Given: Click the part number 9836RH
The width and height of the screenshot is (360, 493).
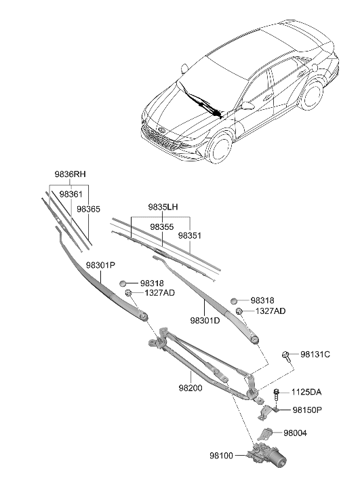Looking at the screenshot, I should click(x=71, y=174).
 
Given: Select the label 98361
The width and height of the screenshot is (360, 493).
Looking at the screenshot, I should click(x=71, y=194).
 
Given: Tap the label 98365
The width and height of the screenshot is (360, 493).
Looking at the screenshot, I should click(x=89, y=210).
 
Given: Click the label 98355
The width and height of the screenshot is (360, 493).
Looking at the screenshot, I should click(x=162, y=226).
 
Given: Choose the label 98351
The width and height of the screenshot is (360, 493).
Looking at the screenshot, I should click(x=191, y=235).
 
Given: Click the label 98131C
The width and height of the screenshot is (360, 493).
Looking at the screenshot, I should click(x=315, y=354).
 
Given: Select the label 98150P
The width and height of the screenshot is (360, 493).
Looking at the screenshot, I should click(x=307, y=410).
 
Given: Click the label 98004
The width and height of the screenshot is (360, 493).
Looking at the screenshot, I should click(x=296, y=433).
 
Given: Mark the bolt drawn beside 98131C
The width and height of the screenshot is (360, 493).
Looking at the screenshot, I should click(x=287, y=355).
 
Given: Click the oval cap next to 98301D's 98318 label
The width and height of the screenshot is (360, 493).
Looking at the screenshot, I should click(x=234, y=300).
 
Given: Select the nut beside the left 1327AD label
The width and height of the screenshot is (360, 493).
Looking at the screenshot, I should click(x=129, y=293).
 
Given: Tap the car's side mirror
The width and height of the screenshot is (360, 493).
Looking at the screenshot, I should click(x=247, y=105).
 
